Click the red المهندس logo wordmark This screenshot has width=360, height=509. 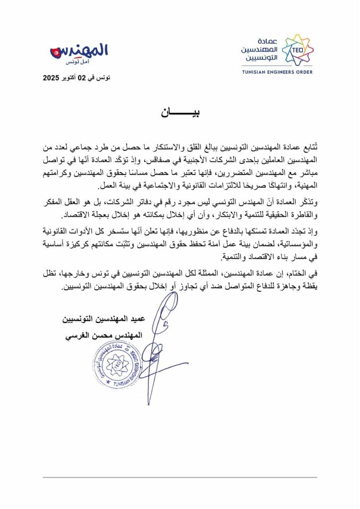(x=80, y=51)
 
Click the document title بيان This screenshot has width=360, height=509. (x=180, y=112)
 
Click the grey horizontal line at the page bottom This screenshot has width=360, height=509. (x=180, y=478)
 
